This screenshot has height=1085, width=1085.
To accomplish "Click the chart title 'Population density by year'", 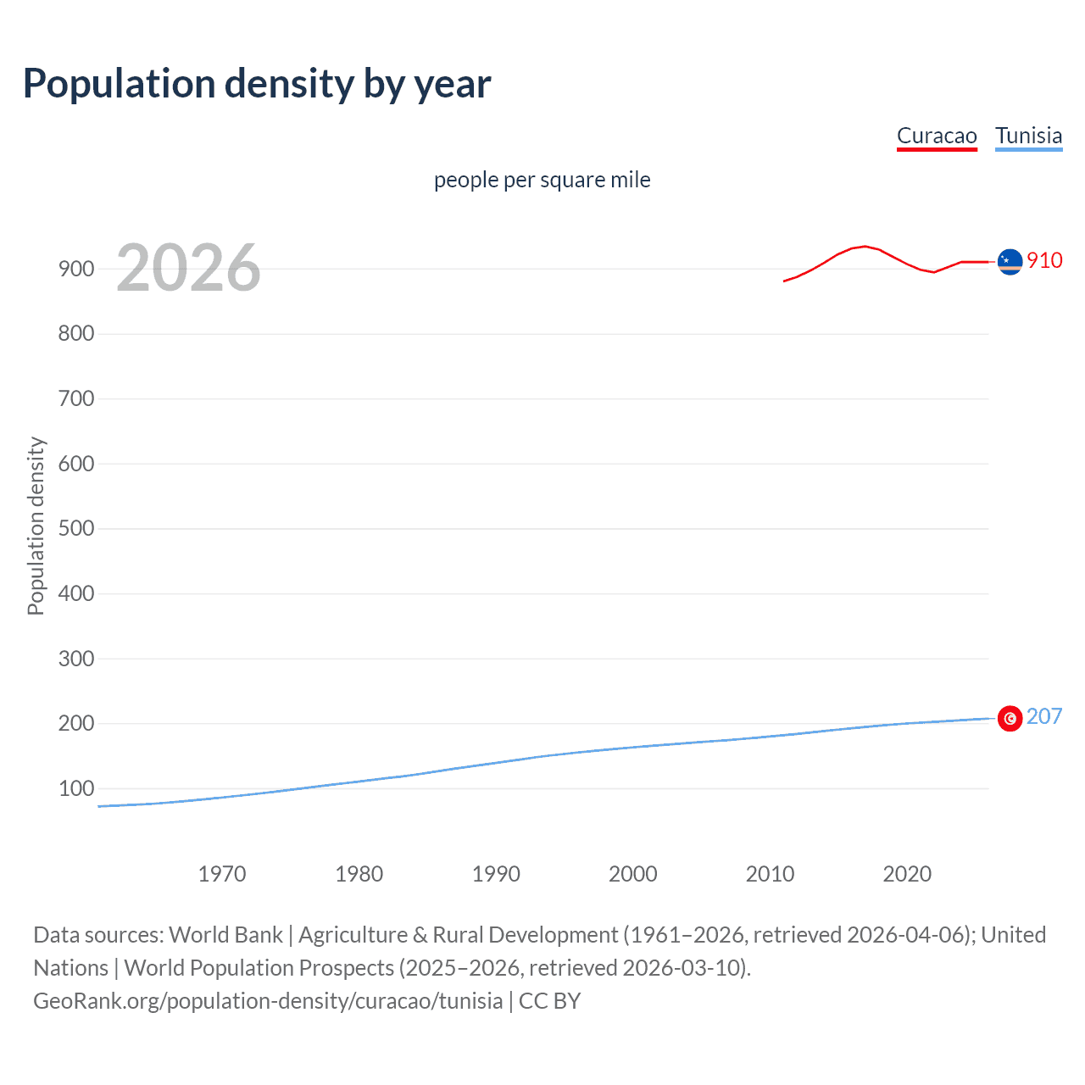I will click(257, 84).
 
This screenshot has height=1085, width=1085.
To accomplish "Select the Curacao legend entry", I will click(937, 136).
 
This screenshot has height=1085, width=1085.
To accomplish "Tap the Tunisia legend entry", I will click(1028, 136).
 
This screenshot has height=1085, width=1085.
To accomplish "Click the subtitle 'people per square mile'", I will click(542, 180).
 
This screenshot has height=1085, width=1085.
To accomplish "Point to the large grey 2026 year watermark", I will click(188, 268).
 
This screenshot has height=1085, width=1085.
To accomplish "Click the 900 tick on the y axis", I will click(76, 269).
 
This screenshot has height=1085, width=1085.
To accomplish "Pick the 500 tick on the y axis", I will click(76, 529).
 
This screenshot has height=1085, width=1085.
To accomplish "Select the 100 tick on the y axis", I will click(76, 788).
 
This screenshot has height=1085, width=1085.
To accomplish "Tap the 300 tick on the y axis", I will click(76, 659).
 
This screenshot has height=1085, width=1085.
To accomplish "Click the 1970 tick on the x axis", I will click(222, 874).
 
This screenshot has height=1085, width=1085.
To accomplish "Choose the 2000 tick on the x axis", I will click(633, 874).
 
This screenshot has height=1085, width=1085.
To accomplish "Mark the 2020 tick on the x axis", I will click(907, 874).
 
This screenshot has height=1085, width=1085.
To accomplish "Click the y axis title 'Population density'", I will click(36, 526).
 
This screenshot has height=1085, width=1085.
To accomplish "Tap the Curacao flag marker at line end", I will click(1010, 262).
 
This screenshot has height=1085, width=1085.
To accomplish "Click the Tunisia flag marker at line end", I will click(1010, 718).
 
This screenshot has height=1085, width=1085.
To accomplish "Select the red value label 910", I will click(1044, 260).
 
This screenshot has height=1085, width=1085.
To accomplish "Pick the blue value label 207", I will click(1044, 716).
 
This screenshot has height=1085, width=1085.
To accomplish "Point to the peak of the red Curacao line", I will click(864, 246).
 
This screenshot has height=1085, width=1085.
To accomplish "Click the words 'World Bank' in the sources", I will click(225, 934).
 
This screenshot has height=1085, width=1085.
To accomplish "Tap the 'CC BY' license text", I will click(549, 1000).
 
